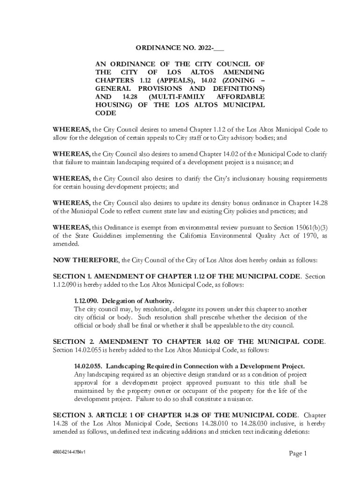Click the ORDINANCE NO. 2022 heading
tap(180, 48)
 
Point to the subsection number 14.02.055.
tap(88, 366)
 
